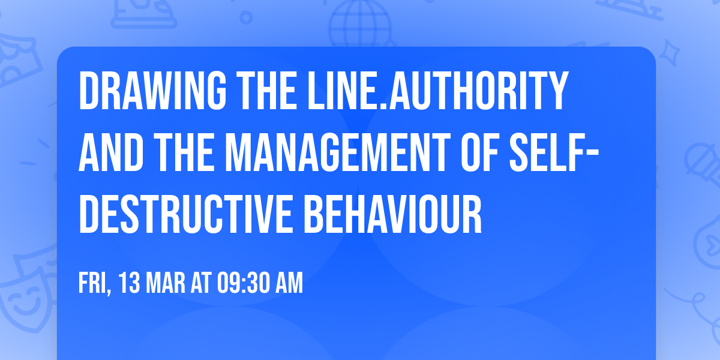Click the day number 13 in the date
(131, 283)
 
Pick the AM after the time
(290, 283)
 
